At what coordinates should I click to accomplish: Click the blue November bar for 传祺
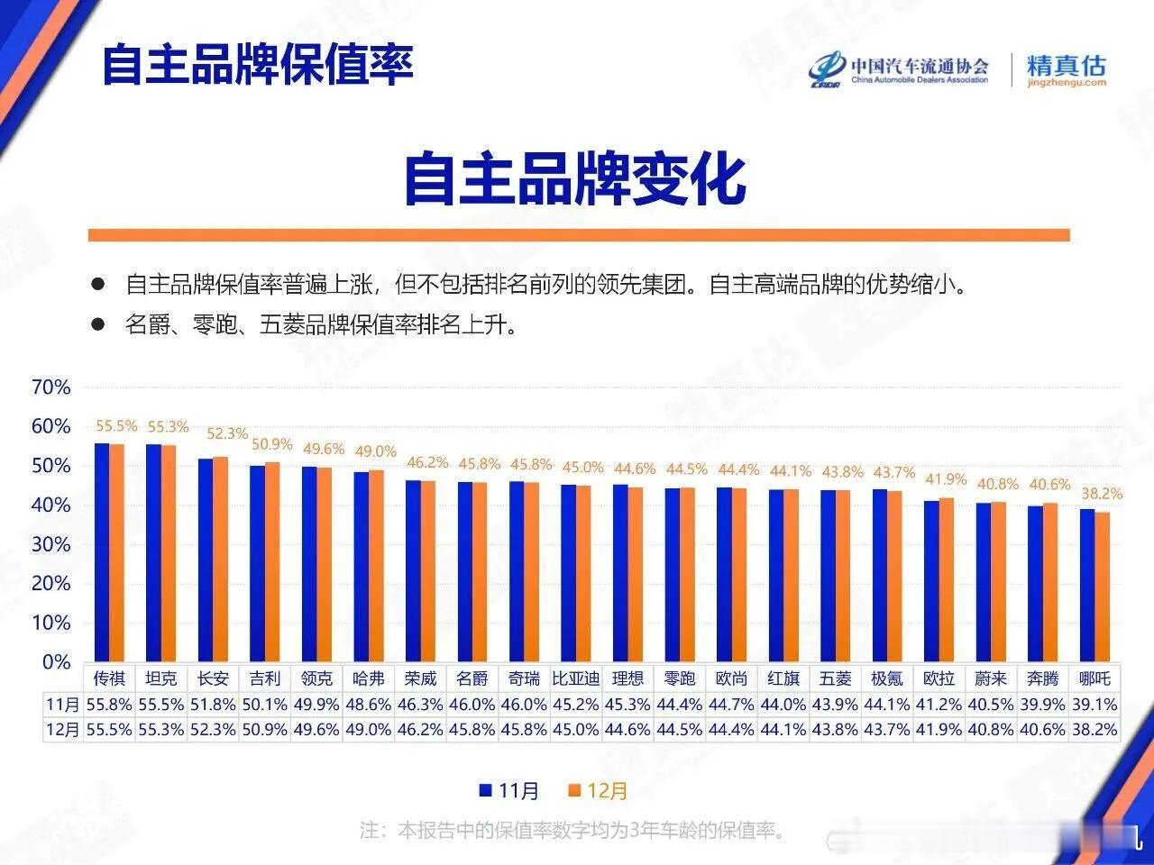[x=101, y=551]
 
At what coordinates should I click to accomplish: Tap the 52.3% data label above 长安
[x=226, y=433]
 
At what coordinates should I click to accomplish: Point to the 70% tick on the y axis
[x=50, y=387]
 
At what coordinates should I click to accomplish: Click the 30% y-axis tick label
[x=50, y=544]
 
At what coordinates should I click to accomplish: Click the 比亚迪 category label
[x=576, y=678]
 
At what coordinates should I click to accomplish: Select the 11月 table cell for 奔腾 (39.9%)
[x=1042, y=705]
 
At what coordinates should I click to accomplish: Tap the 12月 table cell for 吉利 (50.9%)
[x=265, y=730]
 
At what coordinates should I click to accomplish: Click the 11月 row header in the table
[x=62, y=705]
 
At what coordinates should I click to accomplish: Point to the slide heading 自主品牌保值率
[x=258, y=64]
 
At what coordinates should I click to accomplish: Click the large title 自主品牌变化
[x=575, y=179]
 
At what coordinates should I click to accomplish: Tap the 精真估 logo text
[x=1066, y=66]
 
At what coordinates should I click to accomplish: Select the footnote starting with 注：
[x=573, y=830]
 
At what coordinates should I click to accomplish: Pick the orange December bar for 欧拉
[x=946, y=578]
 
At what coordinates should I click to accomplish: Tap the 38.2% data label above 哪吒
[x=1101, y=494]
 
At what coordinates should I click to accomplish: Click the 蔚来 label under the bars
[x=991, y=678]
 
